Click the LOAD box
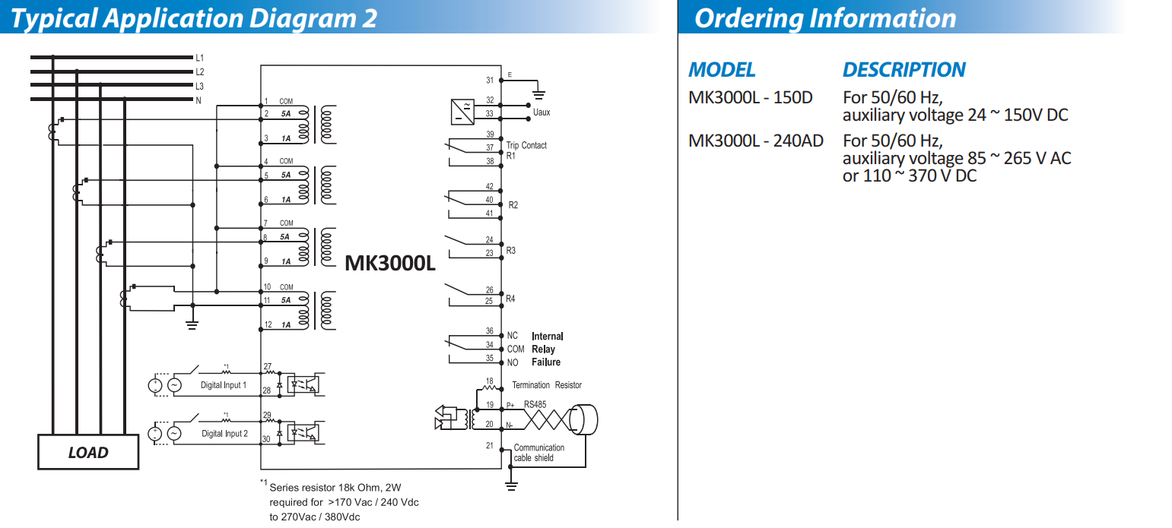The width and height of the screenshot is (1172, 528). click(x=88, y=452)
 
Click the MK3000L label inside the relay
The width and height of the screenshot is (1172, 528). click(x=389, y=263)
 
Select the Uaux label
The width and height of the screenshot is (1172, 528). click(x=542, y=112)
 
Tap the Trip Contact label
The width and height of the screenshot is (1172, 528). click(x=526, y=145)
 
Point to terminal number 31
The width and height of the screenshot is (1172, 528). click(x=490, y=80)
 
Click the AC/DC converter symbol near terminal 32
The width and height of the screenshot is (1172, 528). click(x=462, y=111)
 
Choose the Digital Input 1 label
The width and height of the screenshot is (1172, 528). click(x=224, y=385)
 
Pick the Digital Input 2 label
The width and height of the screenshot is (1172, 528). click(x=224, y=434)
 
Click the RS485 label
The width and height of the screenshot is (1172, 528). click(x=535, y=405)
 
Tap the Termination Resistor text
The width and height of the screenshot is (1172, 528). click(x=546, y=385)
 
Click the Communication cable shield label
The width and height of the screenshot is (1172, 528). click(x=538, y=453)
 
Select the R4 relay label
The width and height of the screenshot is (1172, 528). click(x=510, y=299)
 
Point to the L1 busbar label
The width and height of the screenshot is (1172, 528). click(x=199, y=58)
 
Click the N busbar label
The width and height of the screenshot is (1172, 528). click(x=199, y=100)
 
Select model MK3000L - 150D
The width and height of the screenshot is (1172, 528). click(x=750, y=98)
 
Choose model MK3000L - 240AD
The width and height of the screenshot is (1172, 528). click(x=755, y=141)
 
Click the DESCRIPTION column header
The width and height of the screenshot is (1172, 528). click(x=904, y=70)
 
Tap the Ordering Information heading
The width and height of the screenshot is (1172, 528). click(x=825, y=18)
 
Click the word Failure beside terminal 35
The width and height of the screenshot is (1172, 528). click(x=546, y=362)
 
